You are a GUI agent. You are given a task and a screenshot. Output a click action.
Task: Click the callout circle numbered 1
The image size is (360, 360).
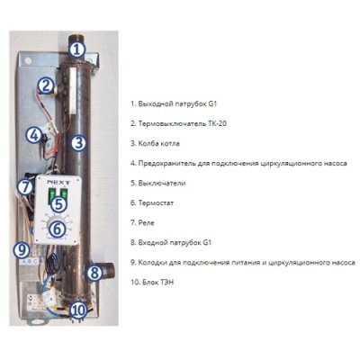point(77,49)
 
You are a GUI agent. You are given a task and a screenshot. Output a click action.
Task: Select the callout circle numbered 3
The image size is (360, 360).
point(78,143)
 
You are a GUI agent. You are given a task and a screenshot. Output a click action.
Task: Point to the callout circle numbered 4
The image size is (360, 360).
point(34,135)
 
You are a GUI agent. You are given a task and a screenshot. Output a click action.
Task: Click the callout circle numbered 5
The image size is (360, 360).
point(58,204)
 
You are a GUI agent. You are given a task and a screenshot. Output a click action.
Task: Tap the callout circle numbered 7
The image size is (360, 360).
point(25,187)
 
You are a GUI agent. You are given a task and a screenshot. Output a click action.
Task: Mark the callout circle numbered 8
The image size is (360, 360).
point(94,273)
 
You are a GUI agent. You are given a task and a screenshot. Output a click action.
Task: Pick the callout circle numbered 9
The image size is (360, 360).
point(22,250)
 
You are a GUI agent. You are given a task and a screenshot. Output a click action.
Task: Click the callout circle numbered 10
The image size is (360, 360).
point(79,310)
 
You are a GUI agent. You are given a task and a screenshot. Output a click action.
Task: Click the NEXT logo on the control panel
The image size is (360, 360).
point(58,183)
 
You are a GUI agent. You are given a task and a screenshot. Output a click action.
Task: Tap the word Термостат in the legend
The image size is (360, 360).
point(156,203)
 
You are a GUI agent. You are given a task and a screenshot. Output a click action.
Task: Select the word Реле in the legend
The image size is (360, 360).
point(146,223)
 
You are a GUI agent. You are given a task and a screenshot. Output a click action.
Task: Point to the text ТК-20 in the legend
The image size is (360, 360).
point(217,123)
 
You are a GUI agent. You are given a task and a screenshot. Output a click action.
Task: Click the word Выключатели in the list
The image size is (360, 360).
point(162,184)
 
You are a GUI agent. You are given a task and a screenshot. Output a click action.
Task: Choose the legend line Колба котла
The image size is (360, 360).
point(155,143)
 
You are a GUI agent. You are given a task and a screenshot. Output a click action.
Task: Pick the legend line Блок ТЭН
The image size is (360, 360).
point(152,283)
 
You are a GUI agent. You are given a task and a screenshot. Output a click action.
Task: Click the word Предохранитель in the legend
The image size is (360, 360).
point(166,164)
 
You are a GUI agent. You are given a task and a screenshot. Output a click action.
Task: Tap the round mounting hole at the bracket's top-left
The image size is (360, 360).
point(27,59)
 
